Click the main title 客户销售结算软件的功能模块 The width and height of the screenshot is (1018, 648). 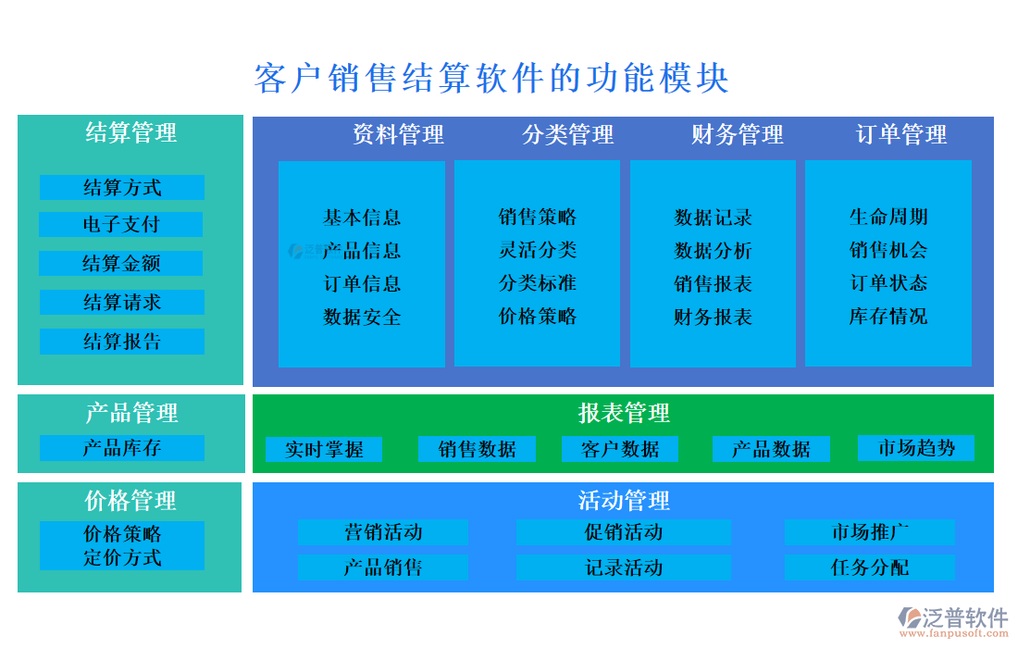pos(491,79)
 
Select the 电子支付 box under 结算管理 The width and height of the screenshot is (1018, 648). pos(121,225)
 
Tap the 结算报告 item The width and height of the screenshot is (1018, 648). pos(121,342)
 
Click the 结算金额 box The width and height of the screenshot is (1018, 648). pos(121,264)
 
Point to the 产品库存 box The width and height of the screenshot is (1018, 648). pos(121,448)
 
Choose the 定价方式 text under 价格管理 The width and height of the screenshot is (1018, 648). pos(121,557)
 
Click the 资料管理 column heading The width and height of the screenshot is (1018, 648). pos(398,135)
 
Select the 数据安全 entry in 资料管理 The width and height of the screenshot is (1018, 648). pos(362,318)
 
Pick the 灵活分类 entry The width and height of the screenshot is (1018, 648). pos(537,250)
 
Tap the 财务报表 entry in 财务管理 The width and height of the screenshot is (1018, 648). pos(713,318)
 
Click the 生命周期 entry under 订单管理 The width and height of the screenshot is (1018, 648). pos(888,218)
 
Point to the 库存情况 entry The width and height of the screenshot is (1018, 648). pos(888,317)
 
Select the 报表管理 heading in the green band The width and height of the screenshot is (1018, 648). pos(624,413)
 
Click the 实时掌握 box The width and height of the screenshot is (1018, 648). pos(324,450)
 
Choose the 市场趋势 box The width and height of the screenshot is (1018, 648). pos(915,448)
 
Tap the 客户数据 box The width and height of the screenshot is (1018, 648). pos(620,450)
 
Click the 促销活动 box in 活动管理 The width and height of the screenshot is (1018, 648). pos(623,532)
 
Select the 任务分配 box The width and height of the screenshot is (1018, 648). pos(869,567)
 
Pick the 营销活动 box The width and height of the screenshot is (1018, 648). pos(382,532)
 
